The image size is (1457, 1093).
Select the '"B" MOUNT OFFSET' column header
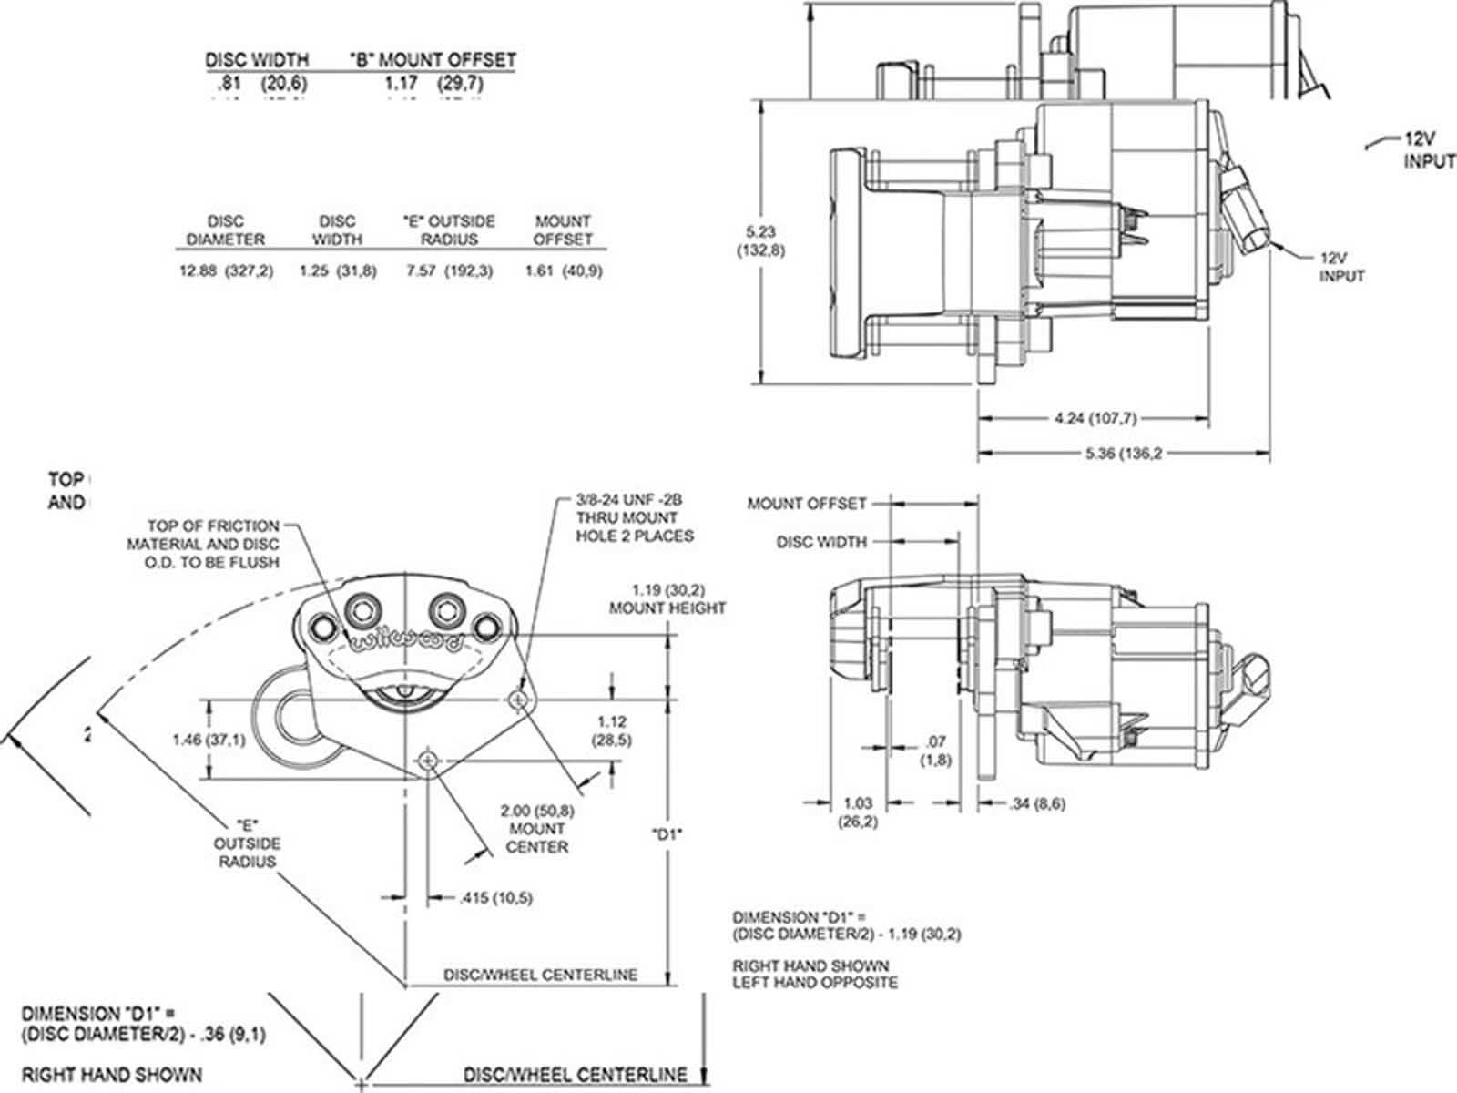[433, 60]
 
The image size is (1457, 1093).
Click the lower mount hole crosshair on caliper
[427, 761]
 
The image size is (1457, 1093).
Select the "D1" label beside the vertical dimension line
[667, 833]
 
